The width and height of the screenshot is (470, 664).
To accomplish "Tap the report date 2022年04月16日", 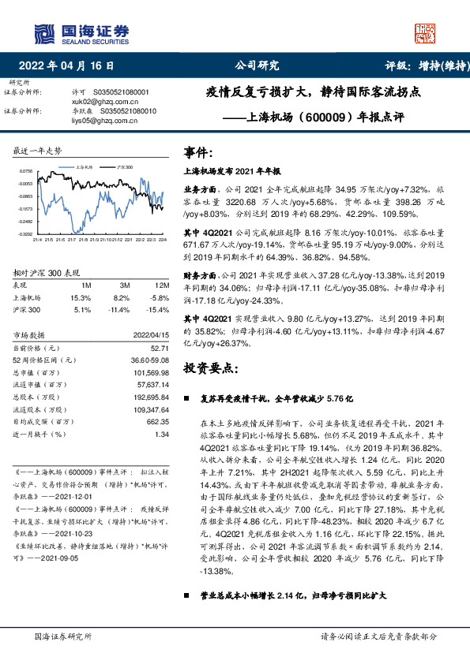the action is [70, 65].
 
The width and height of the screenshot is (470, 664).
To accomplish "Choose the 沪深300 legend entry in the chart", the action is [123, 168].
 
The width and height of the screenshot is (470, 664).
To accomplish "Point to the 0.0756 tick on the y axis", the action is [26, 170].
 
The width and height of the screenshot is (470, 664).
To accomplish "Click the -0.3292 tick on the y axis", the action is [26, 234].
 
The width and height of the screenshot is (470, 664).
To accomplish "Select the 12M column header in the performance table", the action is [163, 284].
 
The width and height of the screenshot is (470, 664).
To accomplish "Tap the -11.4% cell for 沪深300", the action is [122, 310].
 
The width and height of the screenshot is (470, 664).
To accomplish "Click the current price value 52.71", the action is [160, 347].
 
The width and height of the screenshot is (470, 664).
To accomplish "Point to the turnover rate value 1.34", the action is [163, 433].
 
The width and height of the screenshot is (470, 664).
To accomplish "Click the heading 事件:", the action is [198, 151].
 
